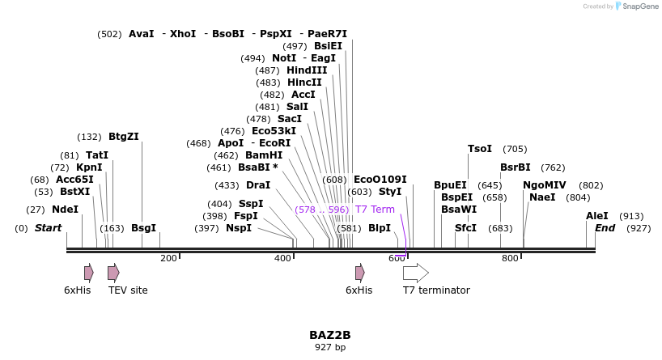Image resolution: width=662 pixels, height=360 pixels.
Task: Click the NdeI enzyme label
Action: click(x=66, y=210)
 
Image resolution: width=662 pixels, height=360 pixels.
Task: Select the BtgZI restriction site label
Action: click(x=124, y=137)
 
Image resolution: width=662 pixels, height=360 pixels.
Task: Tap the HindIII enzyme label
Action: click(x=307, y=70)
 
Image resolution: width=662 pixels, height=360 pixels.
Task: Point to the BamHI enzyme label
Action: click(x=264, y=155)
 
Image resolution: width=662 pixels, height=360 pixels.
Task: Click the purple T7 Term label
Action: click(x=375, y=210)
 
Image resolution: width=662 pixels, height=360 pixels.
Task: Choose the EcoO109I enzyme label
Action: click(x=380, y=180)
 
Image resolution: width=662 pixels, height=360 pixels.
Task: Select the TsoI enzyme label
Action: click(x=480, y=149)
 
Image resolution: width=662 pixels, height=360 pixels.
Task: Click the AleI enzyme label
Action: click(x=597, y=216)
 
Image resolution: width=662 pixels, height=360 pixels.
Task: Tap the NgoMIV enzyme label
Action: click(x=545, y=185)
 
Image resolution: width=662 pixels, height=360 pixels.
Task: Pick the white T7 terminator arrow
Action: click(x=415, y=273)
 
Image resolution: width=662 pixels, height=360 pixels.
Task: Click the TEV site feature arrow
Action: click(x=113, y=273)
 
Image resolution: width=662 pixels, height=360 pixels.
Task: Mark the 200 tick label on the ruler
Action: click(x=168, y=258)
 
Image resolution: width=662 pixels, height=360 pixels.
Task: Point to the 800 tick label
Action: click(x=510, y=258)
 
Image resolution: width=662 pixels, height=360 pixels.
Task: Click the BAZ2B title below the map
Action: click(x=330, y=335)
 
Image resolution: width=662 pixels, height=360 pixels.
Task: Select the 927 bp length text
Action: click(x=330, y=348)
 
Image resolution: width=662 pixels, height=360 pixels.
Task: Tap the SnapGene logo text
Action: click(x=640, y=6)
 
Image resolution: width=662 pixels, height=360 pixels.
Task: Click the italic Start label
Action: click(x=48, y=228)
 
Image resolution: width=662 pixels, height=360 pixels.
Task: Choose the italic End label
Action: click(x=605, y=228)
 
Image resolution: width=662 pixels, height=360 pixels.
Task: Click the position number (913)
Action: click(x=631, y=216)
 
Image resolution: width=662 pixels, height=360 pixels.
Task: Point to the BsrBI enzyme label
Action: click(x=516, y=167)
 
